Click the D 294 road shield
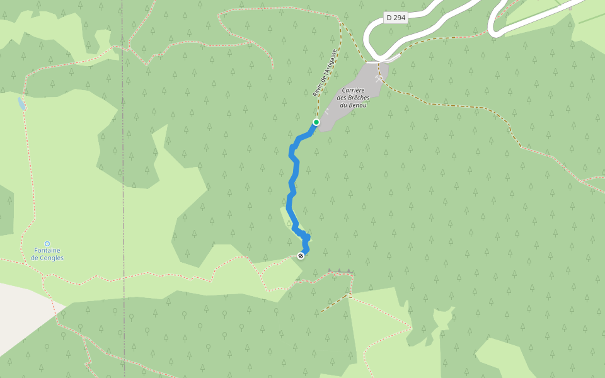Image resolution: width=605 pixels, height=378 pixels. (396, 18)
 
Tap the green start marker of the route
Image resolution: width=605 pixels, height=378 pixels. (316, 122)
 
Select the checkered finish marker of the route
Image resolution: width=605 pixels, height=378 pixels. (301, 255)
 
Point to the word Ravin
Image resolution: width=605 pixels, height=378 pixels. (317, 89)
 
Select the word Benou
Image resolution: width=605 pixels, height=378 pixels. (357, 105)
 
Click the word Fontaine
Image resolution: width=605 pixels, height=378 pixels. (47, 251)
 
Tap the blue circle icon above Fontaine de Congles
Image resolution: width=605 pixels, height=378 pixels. (47, 243)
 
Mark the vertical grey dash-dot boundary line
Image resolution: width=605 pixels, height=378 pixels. (124, 189)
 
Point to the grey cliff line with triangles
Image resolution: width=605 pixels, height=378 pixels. (339, 272)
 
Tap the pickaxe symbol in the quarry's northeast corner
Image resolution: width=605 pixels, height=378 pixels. (378, 79)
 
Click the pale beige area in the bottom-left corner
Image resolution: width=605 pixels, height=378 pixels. (19, 315)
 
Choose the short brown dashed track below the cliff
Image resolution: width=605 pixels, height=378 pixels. (334, 303)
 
